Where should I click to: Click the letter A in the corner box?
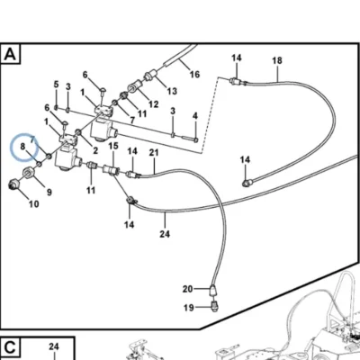10,55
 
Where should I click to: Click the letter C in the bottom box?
10,348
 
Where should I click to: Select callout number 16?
194,74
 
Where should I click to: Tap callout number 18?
277,60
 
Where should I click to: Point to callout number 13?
172,91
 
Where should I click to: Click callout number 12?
153,104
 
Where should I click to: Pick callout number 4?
195,115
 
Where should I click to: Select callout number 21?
154,152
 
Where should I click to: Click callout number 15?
113,146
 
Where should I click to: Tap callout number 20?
187,289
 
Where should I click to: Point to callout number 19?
189,308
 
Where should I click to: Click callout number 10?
34,204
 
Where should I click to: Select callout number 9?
49,192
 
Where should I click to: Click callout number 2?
95,150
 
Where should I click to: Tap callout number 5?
57,85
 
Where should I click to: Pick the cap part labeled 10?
13,184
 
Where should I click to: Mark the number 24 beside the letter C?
54,346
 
